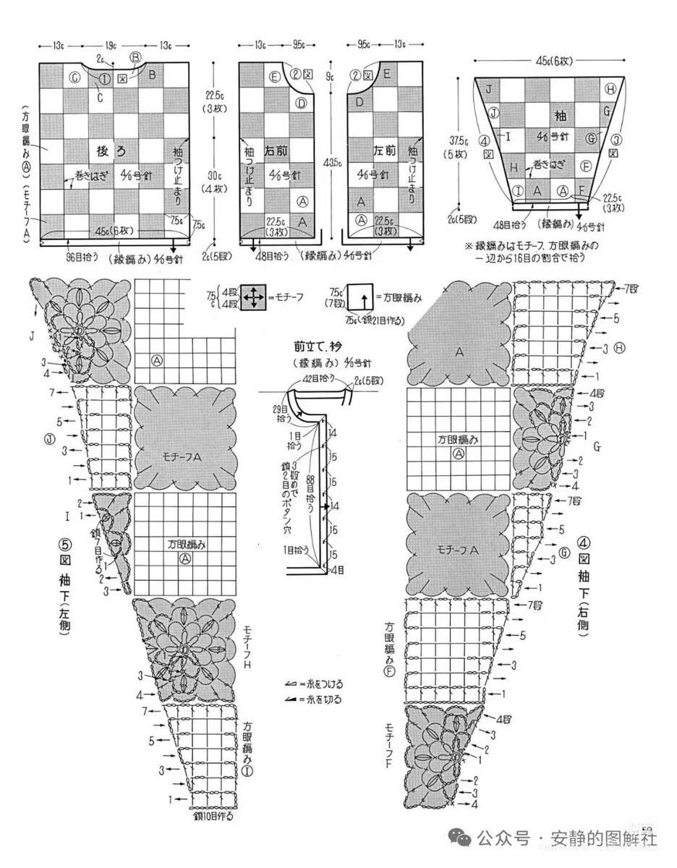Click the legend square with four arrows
click(x=254, y=297)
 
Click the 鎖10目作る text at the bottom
click(x=216, y=816)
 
